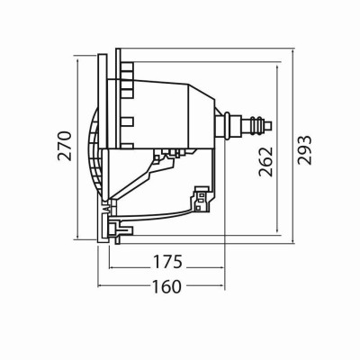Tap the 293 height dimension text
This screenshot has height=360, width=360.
click(305, 155)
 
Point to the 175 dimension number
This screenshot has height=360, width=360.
click(167, 263)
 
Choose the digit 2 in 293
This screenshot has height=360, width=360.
click(305, 169)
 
